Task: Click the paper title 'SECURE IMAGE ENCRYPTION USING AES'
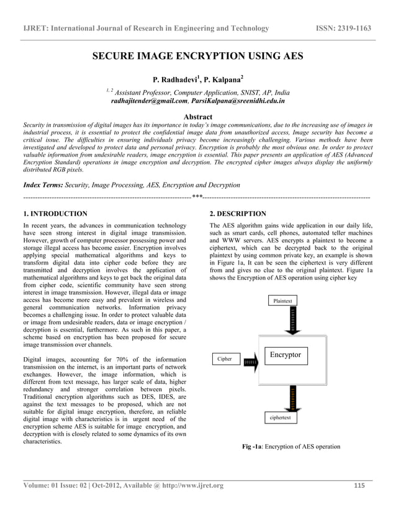coord(198,57)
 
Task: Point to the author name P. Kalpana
coord(222,79)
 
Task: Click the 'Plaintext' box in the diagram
coord(283,301)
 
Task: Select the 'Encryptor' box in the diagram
coord(285,355)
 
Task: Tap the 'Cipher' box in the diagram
coord(225,359)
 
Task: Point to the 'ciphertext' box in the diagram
coord(284,418)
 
